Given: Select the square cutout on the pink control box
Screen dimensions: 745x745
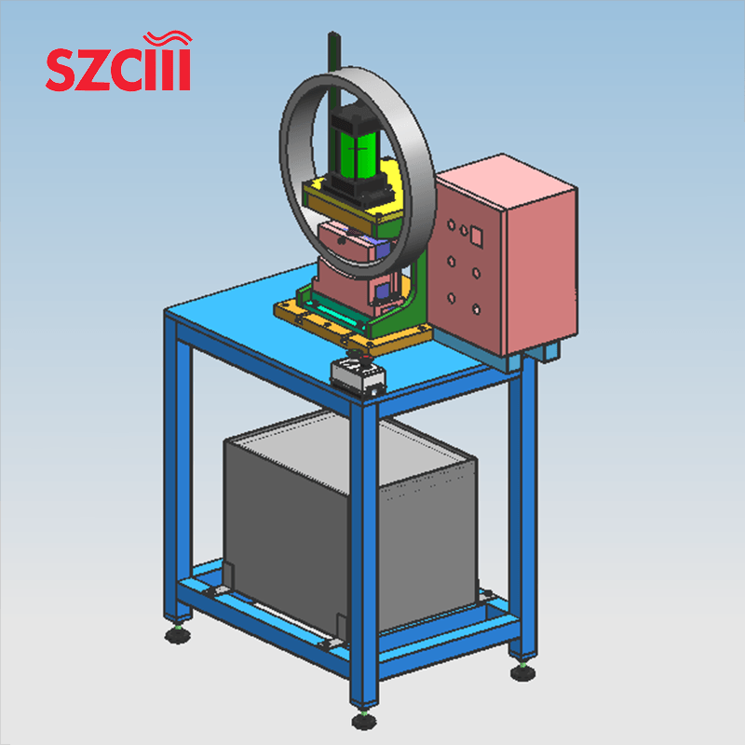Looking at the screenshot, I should coord(476,236).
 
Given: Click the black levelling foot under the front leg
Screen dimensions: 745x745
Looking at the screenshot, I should coord(362,720).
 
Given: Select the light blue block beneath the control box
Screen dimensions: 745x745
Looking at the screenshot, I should coord(544,353).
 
